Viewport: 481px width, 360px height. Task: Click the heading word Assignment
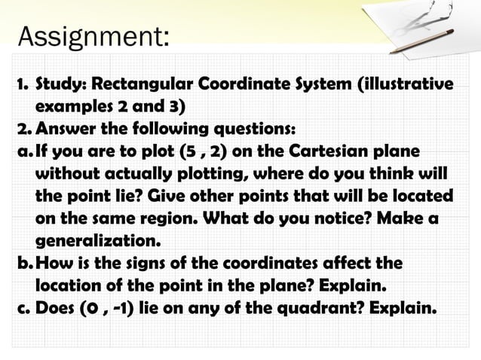pyautogui.click(x=93, y=35)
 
